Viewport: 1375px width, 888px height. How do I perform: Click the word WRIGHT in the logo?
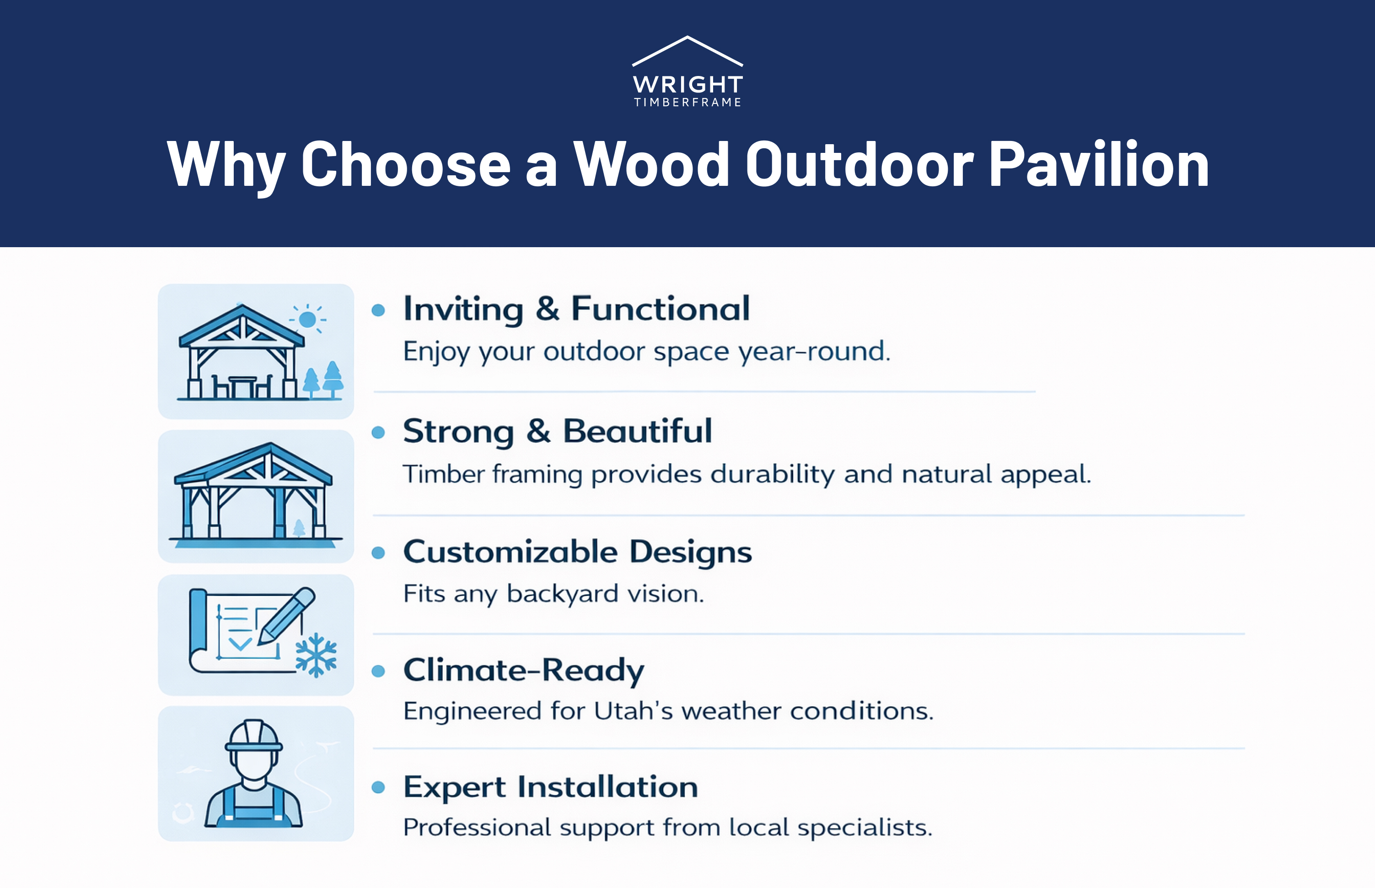[687, 85]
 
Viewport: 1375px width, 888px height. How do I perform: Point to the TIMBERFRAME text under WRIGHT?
[687, 103]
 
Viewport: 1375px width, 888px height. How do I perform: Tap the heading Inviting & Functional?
[576, 309]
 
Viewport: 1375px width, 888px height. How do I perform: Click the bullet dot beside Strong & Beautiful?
[378, 433]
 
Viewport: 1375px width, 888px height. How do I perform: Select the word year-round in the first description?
[814, 351]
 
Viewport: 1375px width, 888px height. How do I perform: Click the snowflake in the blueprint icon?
[316, 655]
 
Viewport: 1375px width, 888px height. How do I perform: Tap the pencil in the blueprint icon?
[286, 616]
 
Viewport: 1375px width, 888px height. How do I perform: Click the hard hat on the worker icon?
[253, 735]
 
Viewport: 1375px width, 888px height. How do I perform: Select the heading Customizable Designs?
[577, 552]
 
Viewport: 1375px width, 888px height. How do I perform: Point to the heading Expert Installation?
[550, 787]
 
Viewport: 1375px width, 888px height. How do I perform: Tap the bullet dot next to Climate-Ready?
[378, 671]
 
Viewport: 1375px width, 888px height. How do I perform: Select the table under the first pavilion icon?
[242, 385]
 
